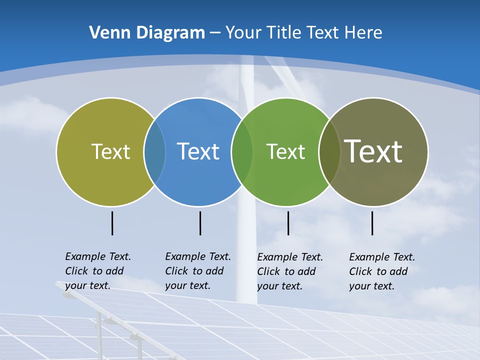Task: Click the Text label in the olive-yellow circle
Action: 110,151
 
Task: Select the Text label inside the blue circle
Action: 198,151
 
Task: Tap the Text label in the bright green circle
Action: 285,151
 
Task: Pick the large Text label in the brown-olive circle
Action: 373,151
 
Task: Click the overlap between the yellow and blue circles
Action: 154,151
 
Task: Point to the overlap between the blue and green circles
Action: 242,151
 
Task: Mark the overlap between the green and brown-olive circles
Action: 329,151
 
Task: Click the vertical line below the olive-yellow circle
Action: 112,223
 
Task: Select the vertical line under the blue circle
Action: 200,223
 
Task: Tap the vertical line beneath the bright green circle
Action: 288,223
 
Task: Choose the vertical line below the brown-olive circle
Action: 372,223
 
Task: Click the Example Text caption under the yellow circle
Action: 98,271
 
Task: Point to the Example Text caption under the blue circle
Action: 198,271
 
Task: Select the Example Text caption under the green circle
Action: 290,271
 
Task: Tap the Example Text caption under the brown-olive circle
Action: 382,271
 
